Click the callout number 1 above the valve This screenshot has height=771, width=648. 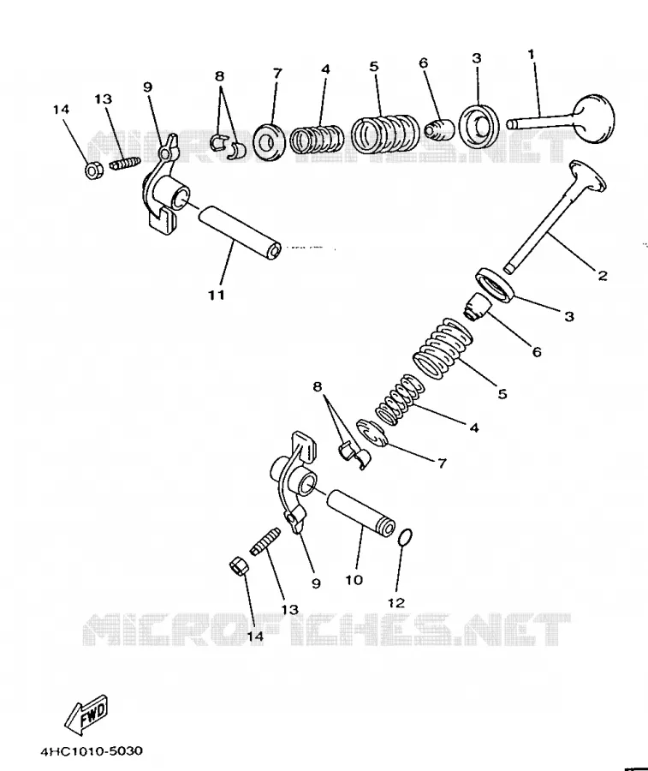[x=531, y=54]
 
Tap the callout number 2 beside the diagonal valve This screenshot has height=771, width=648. [x=603, y=275]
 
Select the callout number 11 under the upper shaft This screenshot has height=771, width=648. [x=217, y=295]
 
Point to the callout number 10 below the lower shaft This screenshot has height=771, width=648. [x=354, y=580]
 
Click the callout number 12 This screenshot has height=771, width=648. [x=396, y=602]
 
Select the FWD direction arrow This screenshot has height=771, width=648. [x=87, y=712]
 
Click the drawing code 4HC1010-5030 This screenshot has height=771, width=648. [x=92, y=750]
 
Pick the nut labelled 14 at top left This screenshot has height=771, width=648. [x=93, y=170]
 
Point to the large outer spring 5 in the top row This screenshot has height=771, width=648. [x=385, y=134]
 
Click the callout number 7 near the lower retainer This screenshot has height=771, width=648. [x=442, y=463]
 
